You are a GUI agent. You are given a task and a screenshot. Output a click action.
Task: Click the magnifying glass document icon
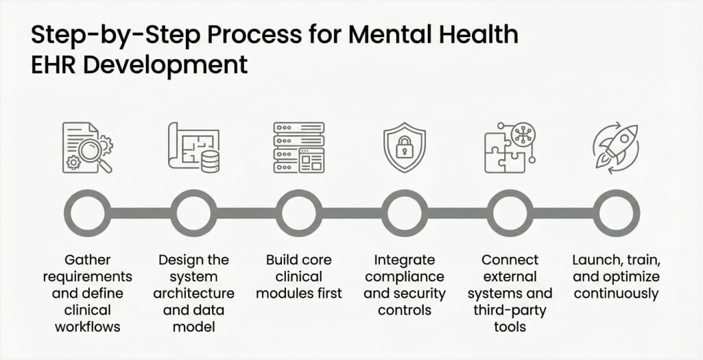pos(87,147)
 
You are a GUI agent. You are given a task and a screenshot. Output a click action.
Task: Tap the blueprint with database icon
pos(193,147)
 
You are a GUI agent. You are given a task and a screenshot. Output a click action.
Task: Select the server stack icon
pos(298,147)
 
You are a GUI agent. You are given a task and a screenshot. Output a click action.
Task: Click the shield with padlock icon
pos(405,147)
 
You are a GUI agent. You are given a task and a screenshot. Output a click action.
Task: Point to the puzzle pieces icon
pos(510,147)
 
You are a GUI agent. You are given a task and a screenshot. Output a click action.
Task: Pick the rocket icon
pos(615,147)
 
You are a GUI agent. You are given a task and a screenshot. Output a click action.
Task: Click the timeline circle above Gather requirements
pos(87,213)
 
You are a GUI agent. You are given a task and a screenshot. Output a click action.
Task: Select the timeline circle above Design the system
pos(193,213)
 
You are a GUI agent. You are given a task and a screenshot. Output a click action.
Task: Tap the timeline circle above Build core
pos(298,213)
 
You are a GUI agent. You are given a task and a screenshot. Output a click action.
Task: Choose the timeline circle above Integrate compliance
pos(405,213)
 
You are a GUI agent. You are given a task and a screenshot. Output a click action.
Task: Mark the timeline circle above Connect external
pos(510,213)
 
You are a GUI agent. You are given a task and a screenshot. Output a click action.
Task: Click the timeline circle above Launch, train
pos(616,213)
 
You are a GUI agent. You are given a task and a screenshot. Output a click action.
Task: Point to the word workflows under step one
pos(87,327)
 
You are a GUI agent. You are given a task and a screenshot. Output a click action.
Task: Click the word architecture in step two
pos(193,293)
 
